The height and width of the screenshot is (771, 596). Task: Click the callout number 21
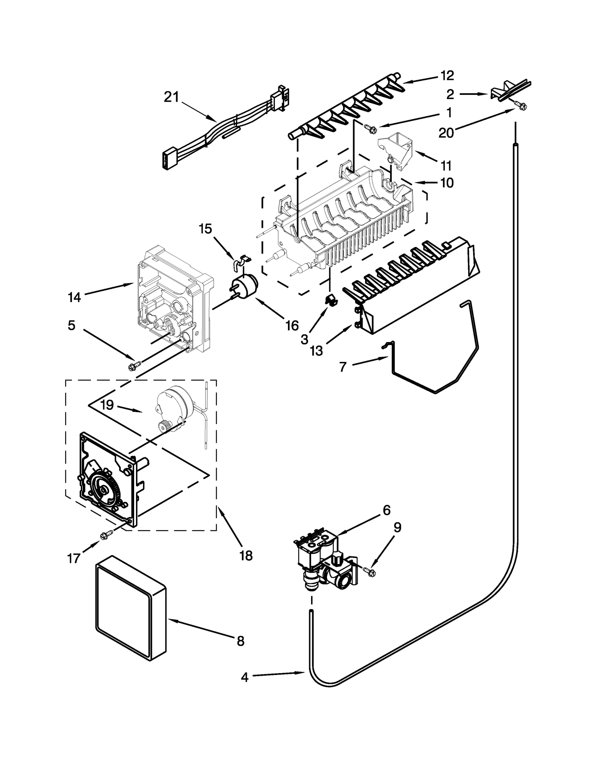point(171,98)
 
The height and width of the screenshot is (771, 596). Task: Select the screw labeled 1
point(371,129)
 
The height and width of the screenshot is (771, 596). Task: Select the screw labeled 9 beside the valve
point(370,572)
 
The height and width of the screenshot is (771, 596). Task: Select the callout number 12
point(447,76)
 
